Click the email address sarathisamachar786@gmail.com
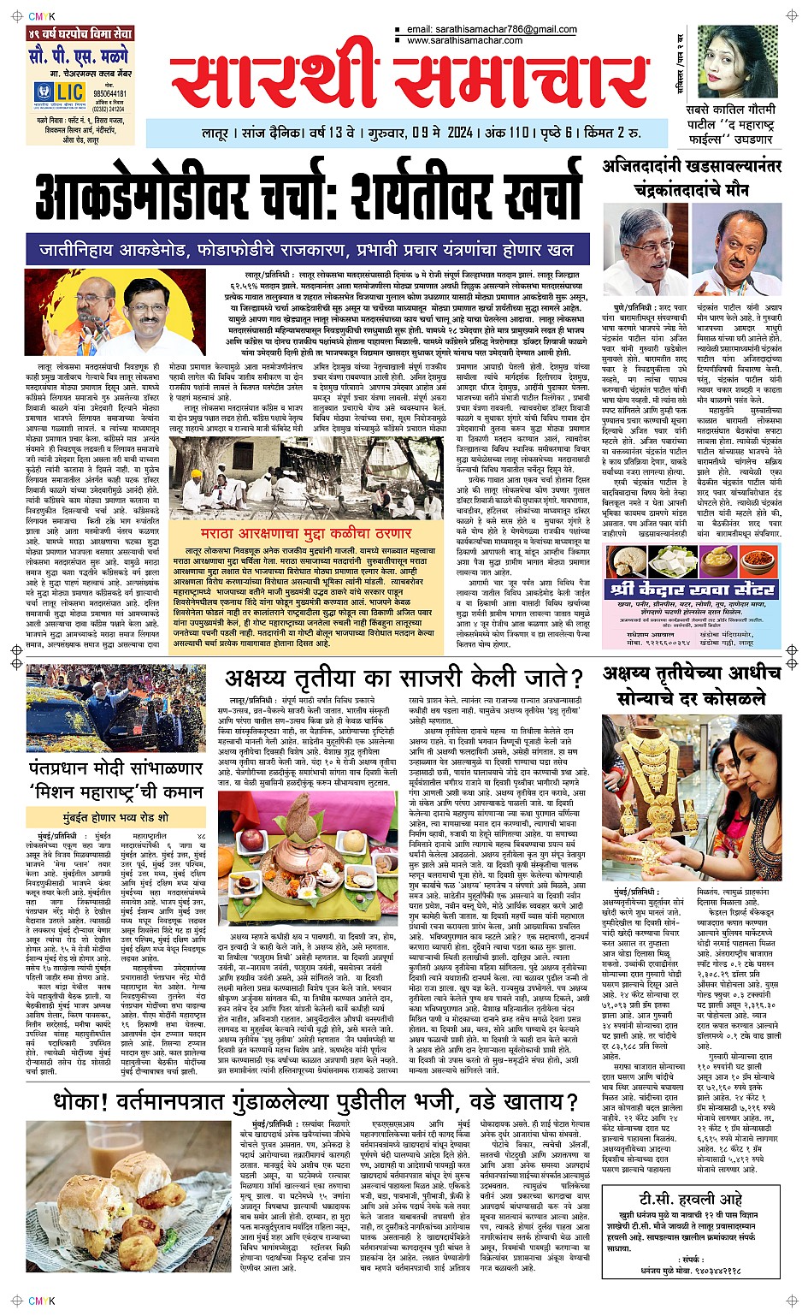click(492, 30)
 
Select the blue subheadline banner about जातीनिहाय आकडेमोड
click(307, 250)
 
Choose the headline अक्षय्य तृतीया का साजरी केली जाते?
click(403, 679)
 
